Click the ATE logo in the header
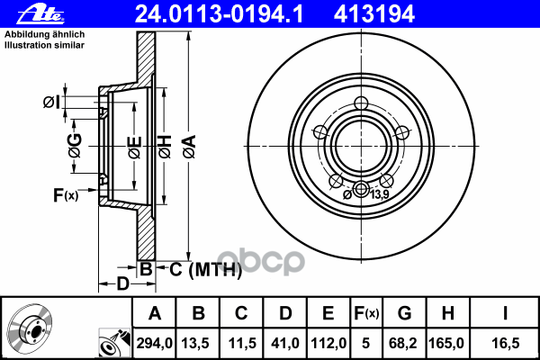tap(40, 14)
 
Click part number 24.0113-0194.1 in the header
tap(219, 14)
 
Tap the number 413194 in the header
tap(374, 14)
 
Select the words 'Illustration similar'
tap(44, 45)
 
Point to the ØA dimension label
tap(190, 147)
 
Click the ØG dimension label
tap(75, 146)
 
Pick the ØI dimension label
tap(51, 102)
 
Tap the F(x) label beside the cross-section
tap(66, 195)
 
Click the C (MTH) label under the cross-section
tap(205, 269)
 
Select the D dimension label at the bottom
tap(123, 283)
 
